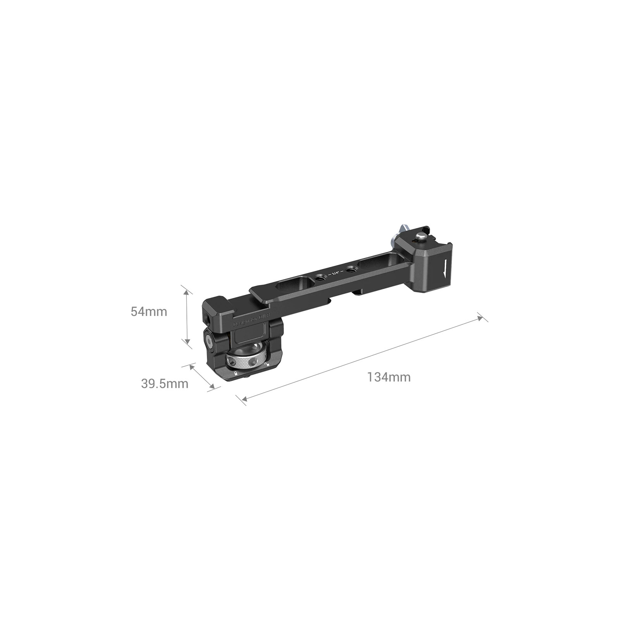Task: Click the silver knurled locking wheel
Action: click(246, 362)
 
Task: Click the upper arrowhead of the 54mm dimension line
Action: click(187, 291)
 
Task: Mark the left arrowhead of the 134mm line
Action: click(243, 399)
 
